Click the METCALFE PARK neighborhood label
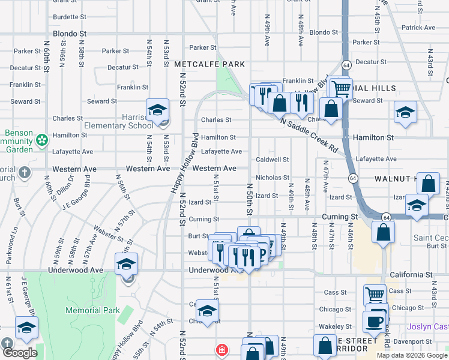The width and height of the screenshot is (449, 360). click(209, 64)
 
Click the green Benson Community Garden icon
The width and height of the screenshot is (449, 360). click(41, 140)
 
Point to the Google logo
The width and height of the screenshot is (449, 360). click(19, 353)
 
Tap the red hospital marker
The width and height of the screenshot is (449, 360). click(222, 349)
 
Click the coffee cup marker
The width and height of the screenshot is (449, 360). click(375, 321)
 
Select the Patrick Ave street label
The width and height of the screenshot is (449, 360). click(418, 28)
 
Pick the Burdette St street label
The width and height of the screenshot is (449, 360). click(74, 17)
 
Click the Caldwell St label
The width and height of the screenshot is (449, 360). click(273, 160)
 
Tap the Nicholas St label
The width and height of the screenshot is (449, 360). click(273, 178)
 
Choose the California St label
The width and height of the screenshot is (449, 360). click(411, 274)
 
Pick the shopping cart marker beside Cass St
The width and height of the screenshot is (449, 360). click(375, 295)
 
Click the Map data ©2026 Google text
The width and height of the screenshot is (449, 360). click(411, 355)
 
